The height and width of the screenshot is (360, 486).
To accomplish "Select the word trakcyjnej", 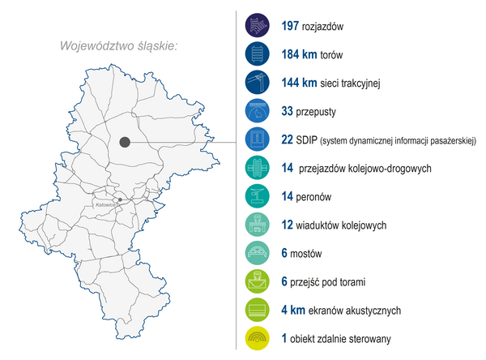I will (x=356, y=82).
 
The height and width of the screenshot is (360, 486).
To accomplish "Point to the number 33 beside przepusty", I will (x=288, y=110).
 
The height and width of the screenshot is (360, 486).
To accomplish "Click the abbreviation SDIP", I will (x=306, y=139).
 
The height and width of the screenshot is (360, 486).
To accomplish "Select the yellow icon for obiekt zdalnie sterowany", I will (x=258, y=338).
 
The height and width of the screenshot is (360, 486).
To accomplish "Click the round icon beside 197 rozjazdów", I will (x=258, y=25).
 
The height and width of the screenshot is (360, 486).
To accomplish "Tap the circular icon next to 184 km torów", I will (x=258, y=54).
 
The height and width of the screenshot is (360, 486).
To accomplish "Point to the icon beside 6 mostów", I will (x=258, y=253).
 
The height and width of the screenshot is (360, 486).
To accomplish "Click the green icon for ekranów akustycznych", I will (x=258, y=310).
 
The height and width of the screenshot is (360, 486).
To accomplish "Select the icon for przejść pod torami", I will (x=258, y=281).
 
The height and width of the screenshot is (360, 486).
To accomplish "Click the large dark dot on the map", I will (x=125, y=142).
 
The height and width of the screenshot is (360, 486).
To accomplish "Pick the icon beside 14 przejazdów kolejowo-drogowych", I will (x=258, y=168).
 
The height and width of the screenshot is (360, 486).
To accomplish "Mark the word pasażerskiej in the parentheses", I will (x=448, y=140).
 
